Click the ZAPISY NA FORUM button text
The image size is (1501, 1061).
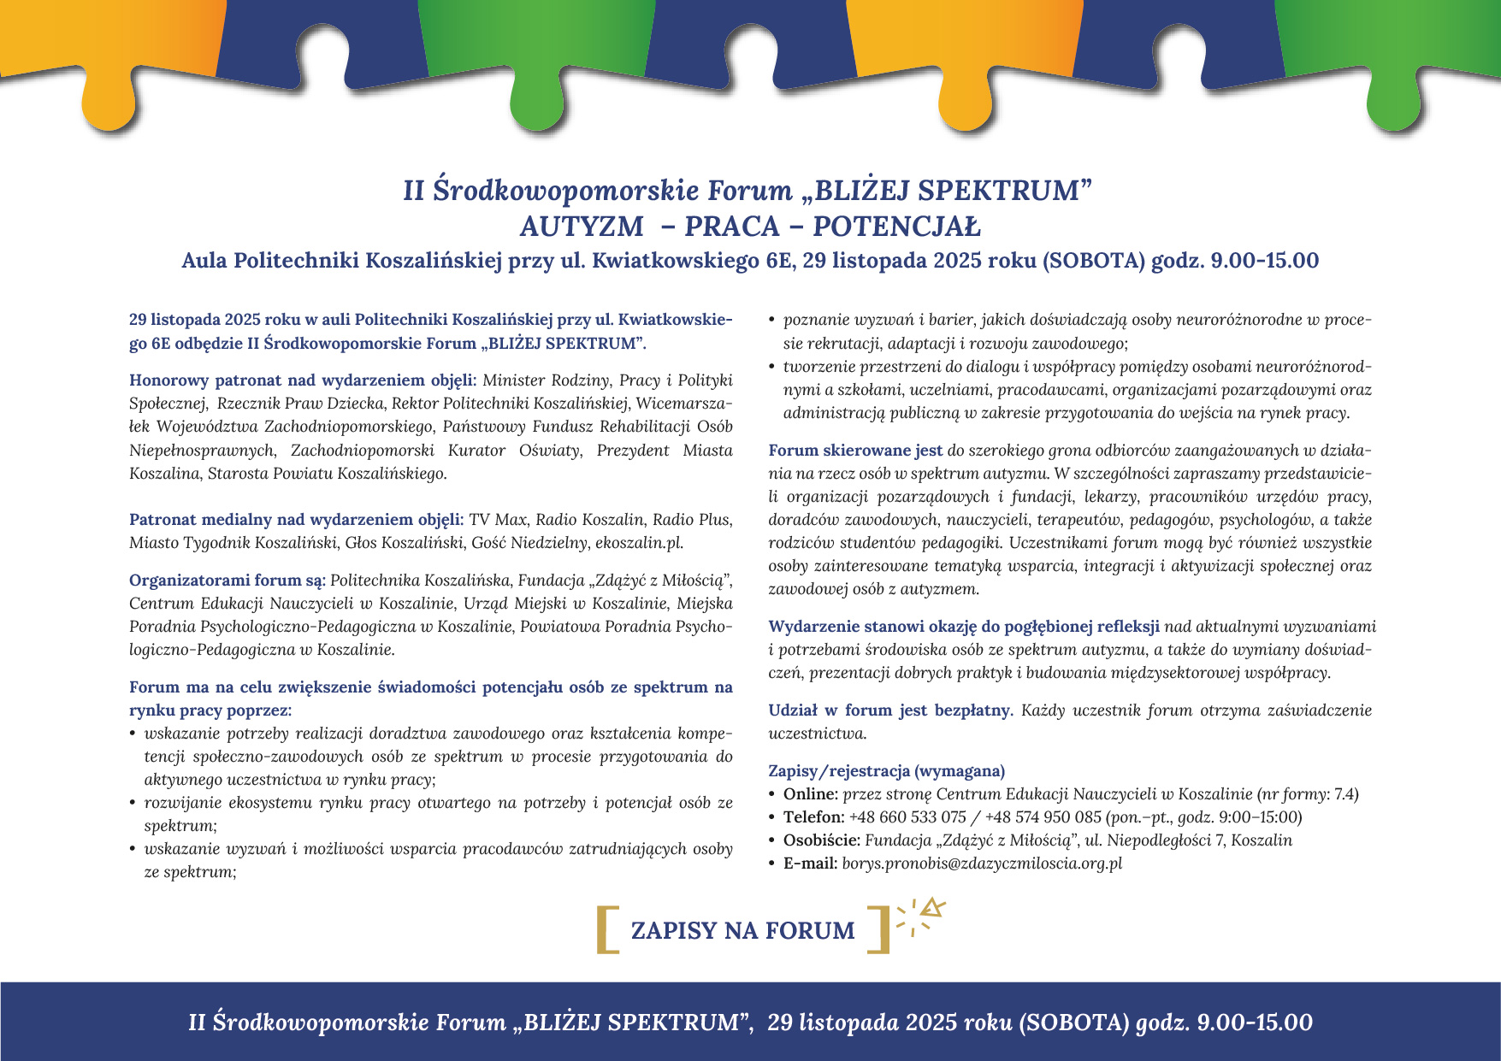click(742, 930)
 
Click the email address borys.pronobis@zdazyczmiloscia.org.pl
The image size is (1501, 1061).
click(982, 863)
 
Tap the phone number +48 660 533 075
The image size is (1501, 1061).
click(907, 816)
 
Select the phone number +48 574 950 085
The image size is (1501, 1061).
click(1043, 816)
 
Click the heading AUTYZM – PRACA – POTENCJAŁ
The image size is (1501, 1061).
click(750, 227)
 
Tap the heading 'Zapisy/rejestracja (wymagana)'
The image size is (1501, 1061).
click(887, 770)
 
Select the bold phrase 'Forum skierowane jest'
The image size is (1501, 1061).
click(855, 450)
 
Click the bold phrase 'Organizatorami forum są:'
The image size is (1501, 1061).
click(228, 581)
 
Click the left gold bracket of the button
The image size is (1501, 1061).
click(606, 929)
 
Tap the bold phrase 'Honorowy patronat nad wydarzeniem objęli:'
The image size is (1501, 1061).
click(305, 380)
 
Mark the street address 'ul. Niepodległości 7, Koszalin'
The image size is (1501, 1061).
click(1188, 840)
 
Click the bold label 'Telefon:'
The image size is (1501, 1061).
click(813, 816)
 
